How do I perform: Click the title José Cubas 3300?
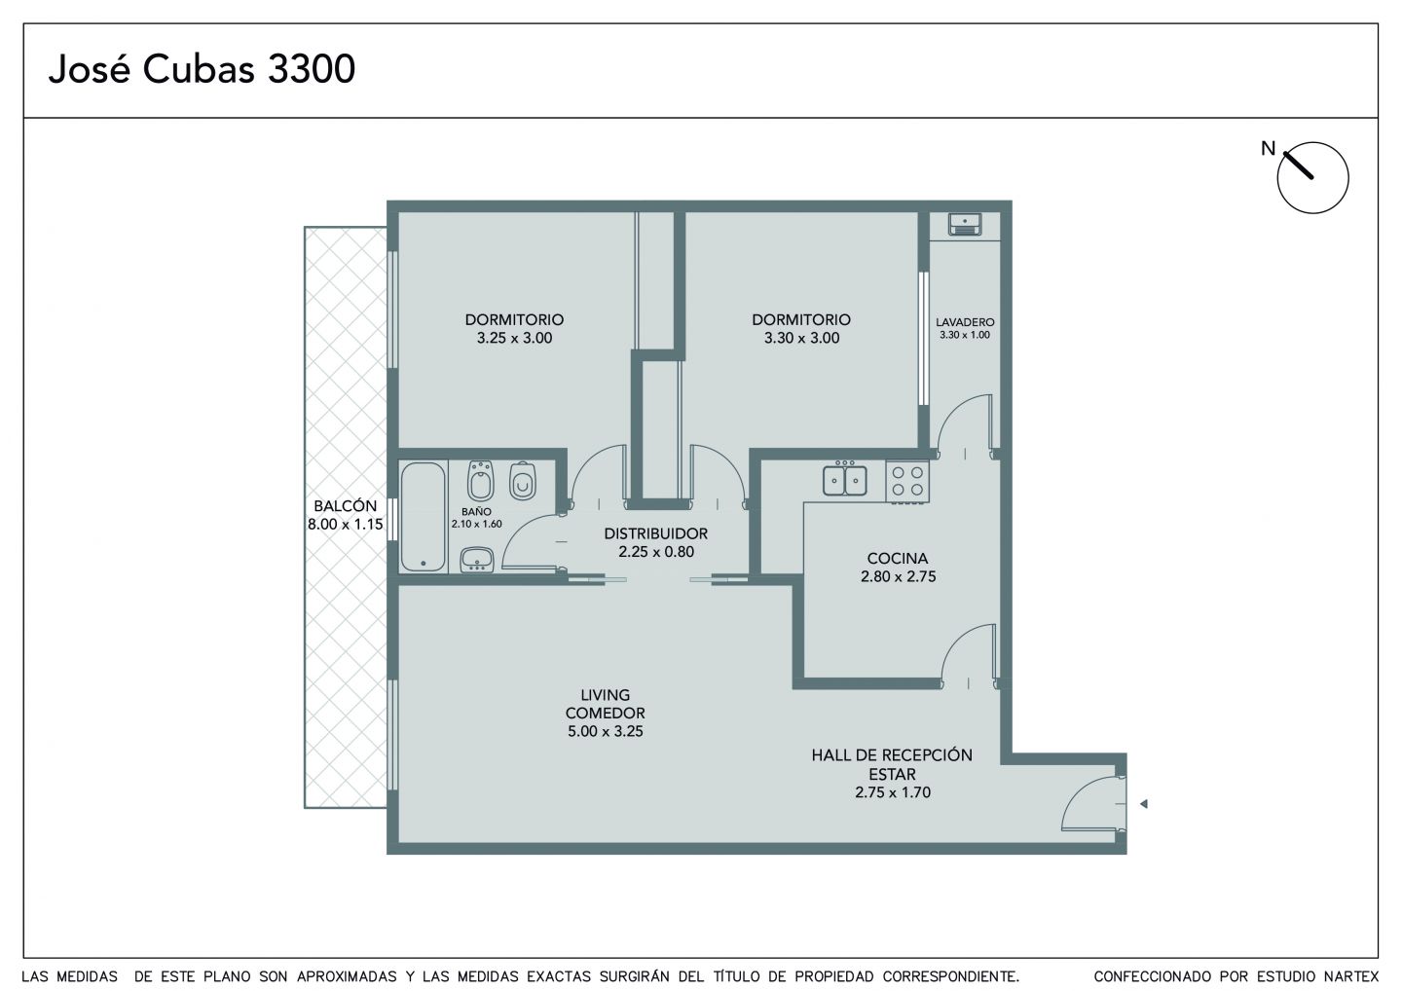[x=202, y=69]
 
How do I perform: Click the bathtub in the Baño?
[x=424, y=517]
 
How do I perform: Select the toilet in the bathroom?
[x=522, y=481]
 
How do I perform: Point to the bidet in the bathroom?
[x=481, y=481]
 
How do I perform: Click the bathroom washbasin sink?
[x=477, y=560]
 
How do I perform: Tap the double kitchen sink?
[x=845, y=479]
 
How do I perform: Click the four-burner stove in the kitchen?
[x=907, y=481]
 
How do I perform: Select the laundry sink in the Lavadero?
[x=965, y=224]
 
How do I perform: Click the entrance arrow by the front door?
[x=1143, y=804]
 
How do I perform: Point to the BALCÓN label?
[x=346, y=506]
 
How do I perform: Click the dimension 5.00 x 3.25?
[x=606, y=731]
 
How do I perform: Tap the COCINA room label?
[x=898, y=558]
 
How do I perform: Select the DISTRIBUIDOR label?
[x=656, y=533]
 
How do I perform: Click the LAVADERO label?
[x=965, y=322]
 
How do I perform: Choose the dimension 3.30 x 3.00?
[x=802, y=339]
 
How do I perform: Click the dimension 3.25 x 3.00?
[x=514, y=339]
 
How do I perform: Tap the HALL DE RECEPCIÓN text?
[x=892, y=755]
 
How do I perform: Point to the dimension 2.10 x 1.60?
[x=477, y=525]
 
